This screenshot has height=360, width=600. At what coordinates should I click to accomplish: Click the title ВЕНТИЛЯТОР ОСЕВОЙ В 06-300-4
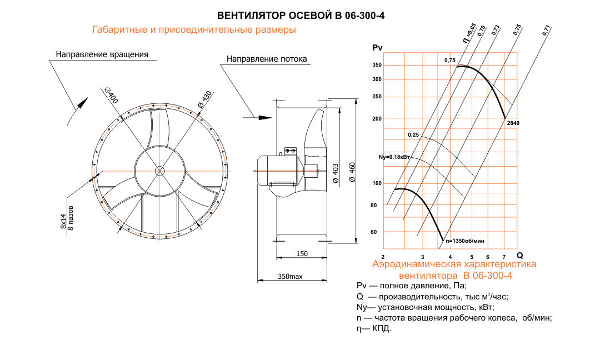(300, 15)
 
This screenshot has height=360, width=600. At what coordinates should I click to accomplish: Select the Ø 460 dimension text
(352, 172)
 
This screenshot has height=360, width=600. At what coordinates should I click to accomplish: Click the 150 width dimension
(302, 253)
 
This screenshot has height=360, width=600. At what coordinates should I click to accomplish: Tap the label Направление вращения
(102, 54)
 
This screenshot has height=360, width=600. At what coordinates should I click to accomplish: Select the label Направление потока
(267, 59)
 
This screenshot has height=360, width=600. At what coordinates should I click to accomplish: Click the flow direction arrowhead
(265, 117)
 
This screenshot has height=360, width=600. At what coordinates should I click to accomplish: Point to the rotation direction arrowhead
(82, 102)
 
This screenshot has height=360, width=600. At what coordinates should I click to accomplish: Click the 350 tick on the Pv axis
(377, 65)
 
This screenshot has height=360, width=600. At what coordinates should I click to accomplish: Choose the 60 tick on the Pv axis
(373, 232)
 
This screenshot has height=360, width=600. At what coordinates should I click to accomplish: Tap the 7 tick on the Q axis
(503, 257)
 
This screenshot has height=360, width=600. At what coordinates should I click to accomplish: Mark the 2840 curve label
(514, 123)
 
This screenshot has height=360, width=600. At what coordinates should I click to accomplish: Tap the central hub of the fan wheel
(160, 171)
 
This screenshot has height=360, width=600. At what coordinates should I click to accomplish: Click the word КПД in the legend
(382, 329)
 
